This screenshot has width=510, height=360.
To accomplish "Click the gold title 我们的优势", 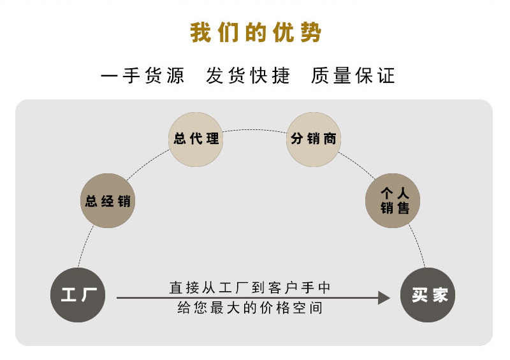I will click(255, 33).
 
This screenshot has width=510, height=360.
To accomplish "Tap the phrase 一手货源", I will click(143, 76).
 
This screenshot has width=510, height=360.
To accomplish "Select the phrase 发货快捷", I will click(248, 76).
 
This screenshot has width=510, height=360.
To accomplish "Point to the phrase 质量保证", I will click(353, 76).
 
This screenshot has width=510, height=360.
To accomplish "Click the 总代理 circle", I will click(196, 139).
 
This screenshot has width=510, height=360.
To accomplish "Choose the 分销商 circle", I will click(313, 139).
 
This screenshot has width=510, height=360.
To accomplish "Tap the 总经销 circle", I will click(108, 201).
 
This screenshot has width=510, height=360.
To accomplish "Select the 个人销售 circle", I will click(393, 201).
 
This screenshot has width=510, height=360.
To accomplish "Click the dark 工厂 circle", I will click(78, 295).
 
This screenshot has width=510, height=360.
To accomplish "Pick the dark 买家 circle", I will click(428, 295).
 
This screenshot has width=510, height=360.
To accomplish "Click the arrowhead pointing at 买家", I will click(384, 298).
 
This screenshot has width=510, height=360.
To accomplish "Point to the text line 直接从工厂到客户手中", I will click(251, 287).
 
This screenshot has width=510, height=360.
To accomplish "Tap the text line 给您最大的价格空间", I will click(251, 308).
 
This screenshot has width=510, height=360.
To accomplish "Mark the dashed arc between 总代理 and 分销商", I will click(254, 130).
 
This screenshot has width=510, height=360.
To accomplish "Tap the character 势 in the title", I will click(311, 33).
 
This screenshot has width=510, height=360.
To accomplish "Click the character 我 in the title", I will click(200, 33).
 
